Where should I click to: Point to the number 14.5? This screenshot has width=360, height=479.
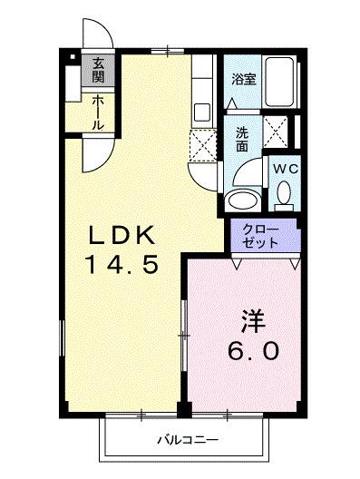coord(125,266)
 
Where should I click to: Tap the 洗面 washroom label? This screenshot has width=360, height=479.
coord(242,138)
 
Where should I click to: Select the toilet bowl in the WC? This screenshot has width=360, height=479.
coord(283,192)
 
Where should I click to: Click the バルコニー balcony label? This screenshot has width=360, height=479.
coord(184,440)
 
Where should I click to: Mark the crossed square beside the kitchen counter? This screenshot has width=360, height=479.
coord(203,143)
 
